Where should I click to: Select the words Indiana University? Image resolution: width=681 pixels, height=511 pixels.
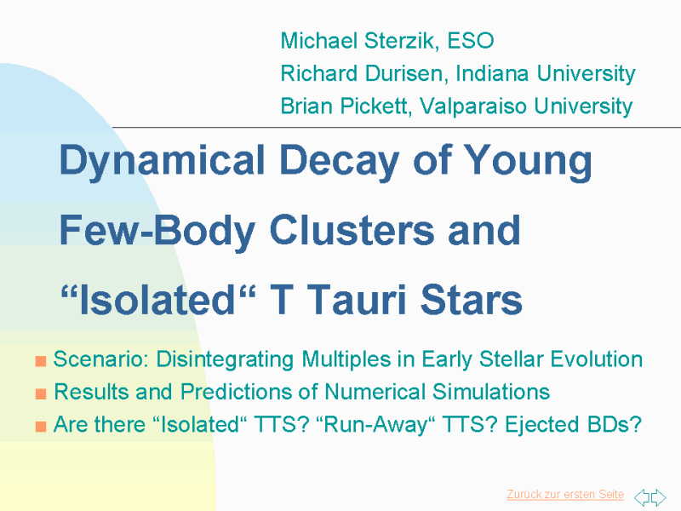tap(546, 74)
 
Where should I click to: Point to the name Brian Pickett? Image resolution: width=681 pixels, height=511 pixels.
tap(346, 106)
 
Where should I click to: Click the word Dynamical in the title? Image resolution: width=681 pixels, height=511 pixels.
tap(162, 161)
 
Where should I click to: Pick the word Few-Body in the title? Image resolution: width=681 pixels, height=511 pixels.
tap(157, 231)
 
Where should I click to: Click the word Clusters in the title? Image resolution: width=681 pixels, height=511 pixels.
tap(352, 230)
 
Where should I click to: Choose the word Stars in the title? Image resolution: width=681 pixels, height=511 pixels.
tap(472, 300)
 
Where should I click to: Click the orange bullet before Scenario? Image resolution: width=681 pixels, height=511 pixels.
tap(41, 361)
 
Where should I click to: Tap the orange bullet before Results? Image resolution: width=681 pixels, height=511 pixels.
tap(41, 393)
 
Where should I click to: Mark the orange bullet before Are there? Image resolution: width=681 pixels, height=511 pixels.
tap(41, 427)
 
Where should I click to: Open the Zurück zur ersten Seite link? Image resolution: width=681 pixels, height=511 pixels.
tap(565, 495)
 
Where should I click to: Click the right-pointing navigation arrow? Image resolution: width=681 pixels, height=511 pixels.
tap(658, 497)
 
